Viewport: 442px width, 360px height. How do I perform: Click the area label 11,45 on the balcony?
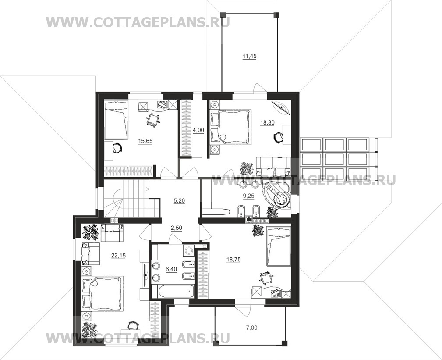[249, 57]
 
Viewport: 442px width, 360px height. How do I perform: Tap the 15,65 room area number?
[145, 141]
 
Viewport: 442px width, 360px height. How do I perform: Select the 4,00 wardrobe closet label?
[198, 130]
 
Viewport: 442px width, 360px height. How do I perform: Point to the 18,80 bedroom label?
[267, 123]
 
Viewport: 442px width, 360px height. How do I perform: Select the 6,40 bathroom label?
[171, 269]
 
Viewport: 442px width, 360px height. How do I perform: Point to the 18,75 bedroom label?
[233, 260]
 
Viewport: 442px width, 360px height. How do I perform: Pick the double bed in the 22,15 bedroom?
[103, 294]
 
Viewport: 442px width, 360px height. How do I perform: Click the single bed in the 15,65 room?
[116, 120]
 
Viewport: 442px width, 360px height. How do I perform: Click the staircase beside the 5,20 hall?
[132, 199]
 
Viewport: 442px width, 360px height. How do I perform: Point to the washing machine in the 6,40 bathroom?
[189, 250]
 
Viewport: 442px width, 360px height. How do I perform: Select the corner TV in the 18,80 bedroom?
[281, 107]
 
